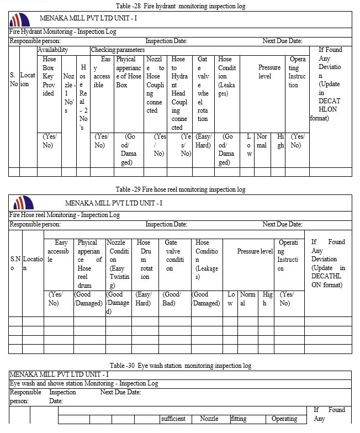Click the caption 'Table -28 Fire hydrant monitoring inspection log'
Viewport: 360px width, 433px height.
[181, 6]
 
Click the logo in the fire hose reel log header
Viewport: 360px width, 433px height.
[23, 202]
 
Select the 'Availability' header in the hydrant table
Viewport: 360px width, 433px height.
[53, 50]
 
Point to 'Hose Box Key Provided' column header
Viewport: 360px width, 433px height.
[49, 76]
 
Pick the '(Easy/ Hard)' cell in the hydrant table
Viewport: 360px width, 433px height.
[203, 140]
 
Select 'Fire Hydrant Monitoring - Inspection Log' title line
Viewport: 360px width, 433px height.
[63, 32]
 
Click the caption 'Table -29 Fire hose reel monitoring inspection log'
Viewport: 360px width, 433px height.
[181, 189]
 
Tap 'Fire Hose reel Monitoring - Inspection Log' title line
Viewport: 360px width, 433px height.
[65, 214]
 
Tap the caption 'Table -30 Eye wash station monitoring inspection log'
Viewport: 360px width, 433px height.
[181, 366]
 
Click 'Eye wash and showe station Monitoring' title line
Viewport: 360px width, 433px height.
[84, 383]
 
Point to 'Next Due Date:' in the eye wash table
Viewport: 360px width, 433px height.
[120, 392]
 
